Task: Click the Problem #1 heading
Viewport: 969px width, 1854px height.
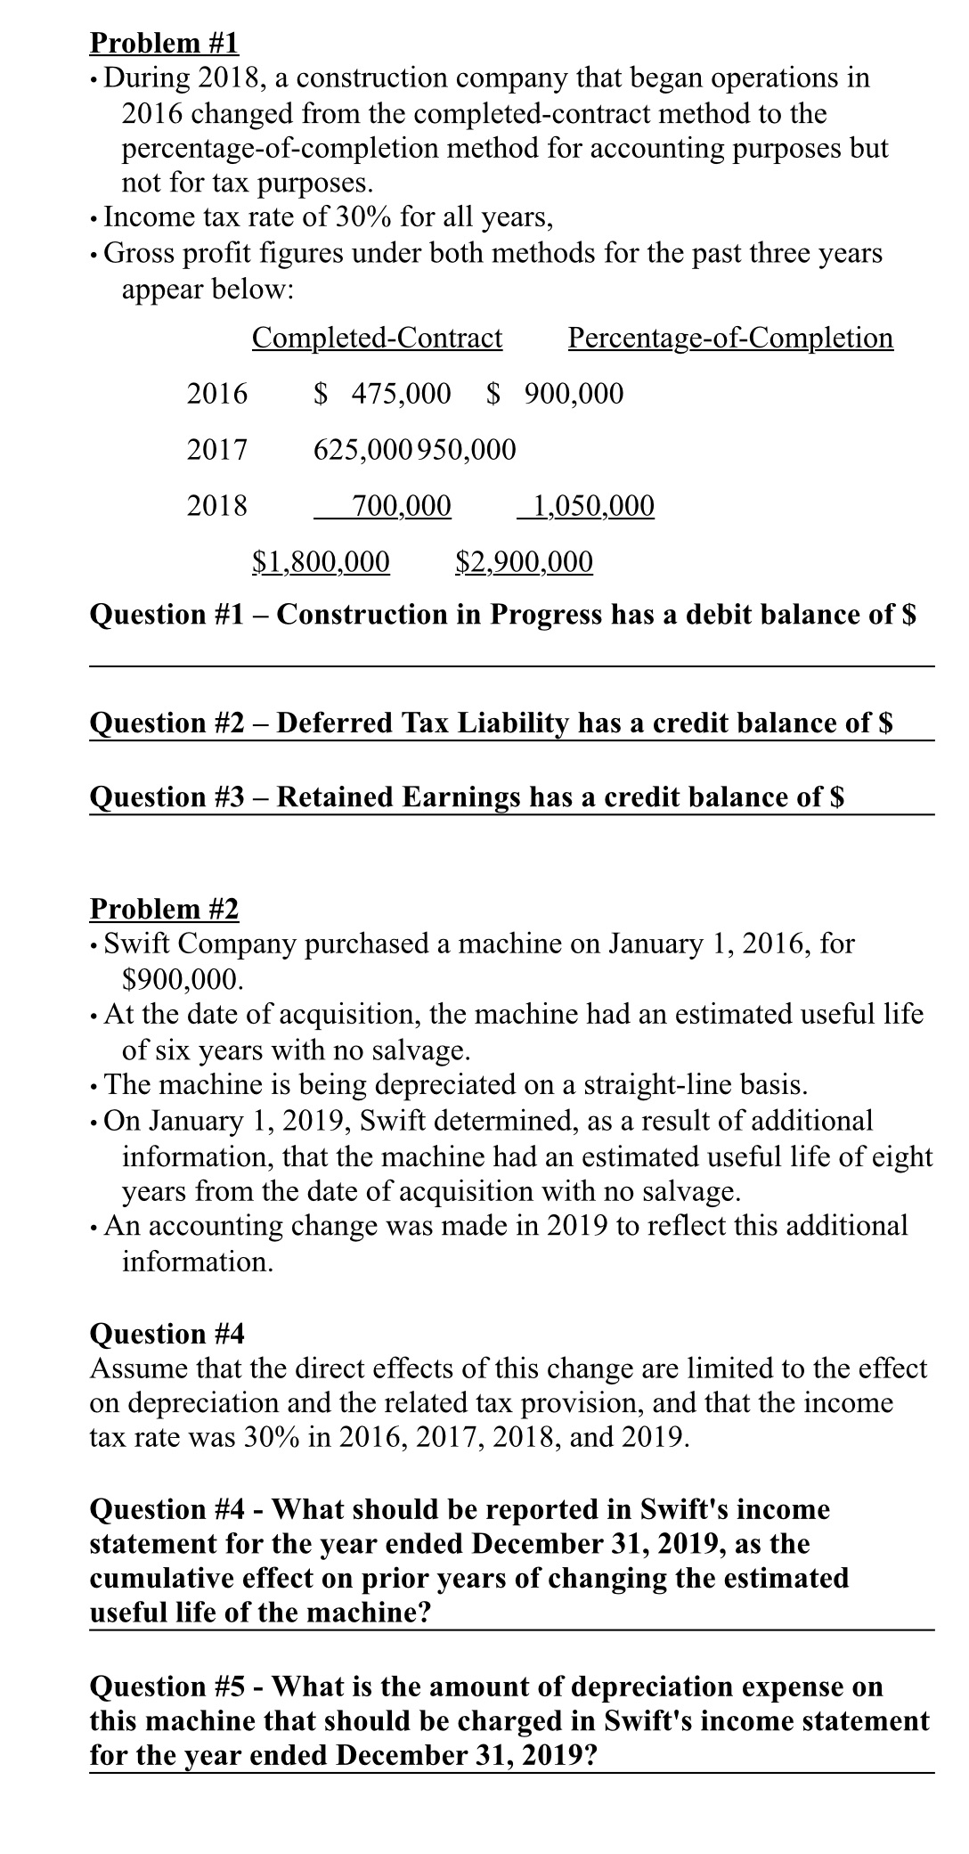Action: pos(165,43)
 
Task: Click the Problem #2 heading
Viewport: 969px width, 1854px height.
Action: pos(165,909)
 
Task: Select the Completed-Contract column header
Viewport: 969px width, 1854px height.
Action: pos(377,338)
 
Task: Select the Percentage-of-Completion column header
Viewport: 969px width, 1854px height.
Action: pos(730,338)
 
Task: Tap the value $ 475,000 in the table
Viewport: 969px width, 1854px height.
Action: pos(384,393)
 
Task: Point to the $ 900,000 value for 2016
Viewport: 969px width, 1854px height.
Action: pos(556,393)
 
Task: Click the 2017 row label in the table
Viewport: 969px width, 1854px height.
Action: pos(217,449)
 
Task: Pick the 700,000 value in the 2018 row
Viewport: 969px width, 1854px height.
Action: pos(401,506)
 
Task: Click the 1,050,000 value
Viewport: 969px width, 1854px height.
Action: pos(590,506)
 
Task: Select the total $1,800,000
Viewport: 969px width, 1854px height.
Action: pos(321,561)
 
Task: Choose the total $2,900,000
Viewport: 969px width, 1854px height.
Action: pos(524,561)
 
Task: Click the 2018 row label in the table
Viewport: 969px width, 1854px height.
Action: pos(217,506)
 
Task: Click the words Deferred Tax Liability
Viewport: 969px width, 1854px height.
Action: pos(423,723)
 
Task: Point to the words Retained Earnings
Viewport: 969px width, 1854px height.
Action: pos(398,796)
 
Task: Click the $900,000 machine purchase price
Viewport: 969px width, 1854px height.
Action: pos(181,980)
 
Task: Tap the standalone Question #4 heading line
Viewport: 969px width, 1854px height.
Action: pos(167,1334)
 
